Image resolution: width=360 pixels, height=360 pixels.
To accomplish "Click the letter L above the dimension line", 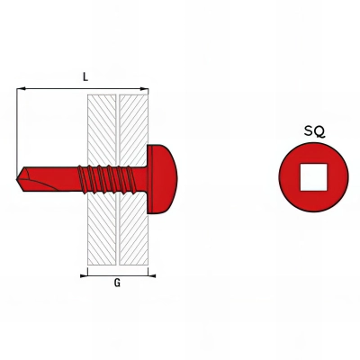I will tap(85, 77).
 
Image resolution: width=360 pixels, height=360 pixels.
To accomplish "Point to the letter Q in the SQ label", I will tap(320, 131).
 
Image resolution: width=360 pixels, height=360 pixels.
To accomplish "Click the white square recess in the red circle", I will tap(314, 176).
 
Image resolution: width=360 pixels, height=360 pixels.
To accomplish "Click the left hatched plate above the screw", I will tap(101, 126).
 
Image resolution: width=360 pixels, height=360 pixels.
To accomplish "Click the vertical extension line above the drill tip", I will tap(18, 126).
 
